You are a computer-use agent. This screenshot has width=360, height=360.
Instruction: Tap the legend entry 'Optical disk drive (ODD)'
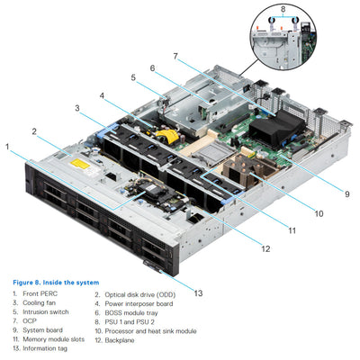coord(135,293)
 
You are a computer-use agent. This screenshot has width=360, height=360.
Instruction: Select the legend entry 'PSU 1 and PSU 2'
coord(125,321)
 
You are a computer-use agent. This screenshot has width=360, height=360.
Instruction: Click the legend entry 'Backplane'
coord(116,339)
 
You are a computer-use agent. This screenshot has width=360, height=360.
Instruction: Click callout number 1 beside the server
coord(7,146)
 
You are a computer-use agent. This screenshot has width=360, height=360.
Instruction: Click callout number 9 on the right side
coord(346,193)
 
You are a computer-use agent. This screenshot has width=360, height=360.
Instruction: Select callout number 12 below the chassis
coord(265,247)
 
